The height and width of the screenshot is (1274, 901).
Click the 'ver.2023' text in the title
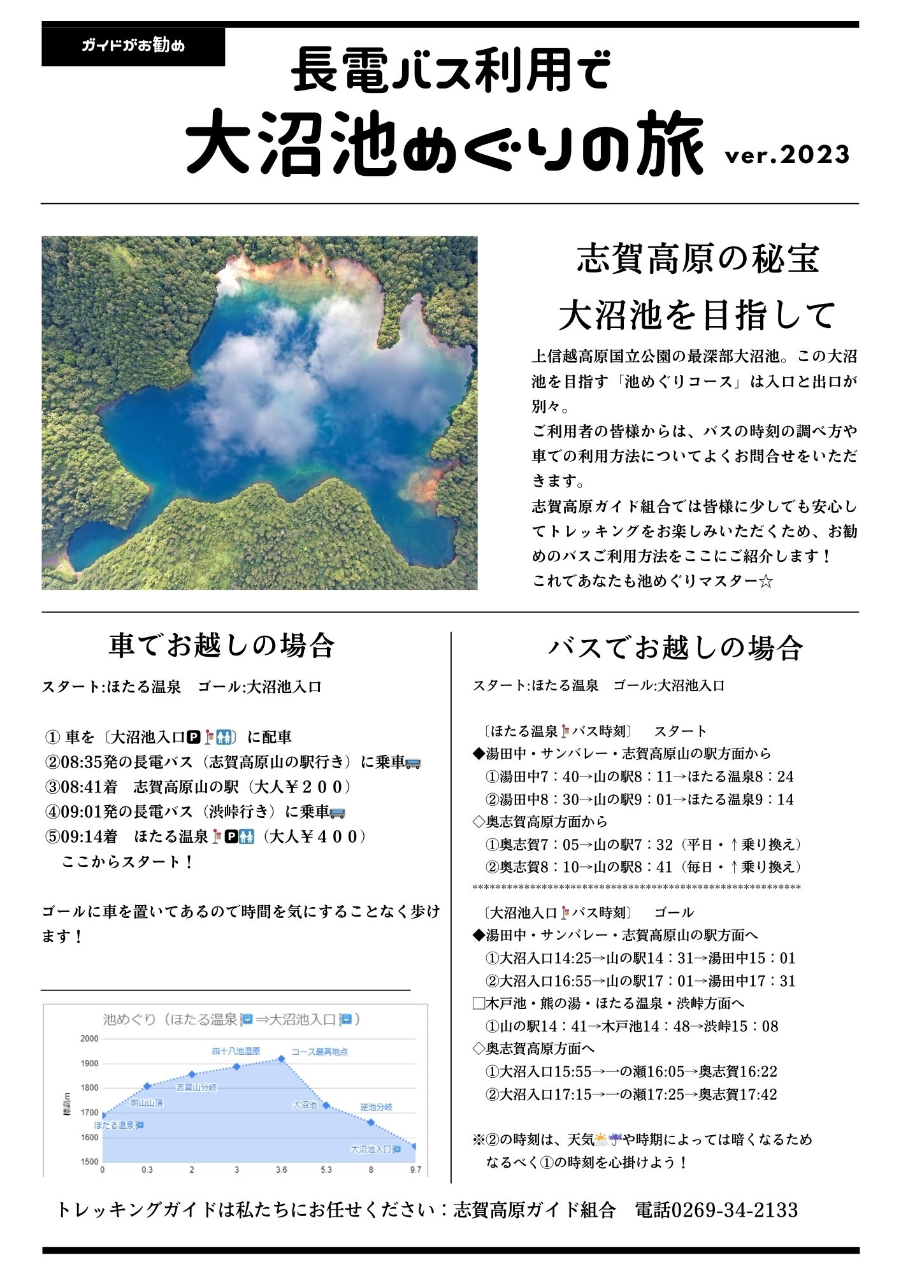coord(787,155)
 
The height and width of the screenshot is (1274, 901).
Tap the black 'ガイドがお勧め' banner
coord(133,46)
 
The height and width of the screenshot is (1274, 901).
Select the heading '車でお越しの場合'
coord(221,645)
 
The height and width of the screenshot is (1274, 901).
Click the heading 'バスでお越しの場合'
coord(675,647)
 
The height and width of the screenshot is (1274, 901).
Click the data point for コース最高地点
coord(281,1059)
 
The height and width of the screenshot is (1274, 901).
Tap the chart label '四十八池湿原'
coord(236,1051)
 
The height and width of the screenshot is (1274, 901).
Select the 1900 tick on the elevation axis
coord(90,1063)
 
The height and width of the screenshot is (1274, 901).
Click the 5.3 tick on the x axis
coord(326,1170)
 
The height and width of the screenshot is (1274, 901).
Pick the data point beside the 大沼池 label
coord(326,1105)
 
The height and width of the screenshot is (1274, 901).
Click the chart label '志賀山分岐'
coord(196,1087)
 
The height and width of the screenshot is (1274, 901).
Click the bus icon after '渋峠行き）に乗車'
coord(338,812)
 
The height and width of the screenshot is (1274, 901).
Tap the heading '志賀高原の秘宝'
coord(698,259)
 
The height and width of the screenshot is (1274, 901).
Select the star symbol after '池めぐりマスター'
coord(766,582)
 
